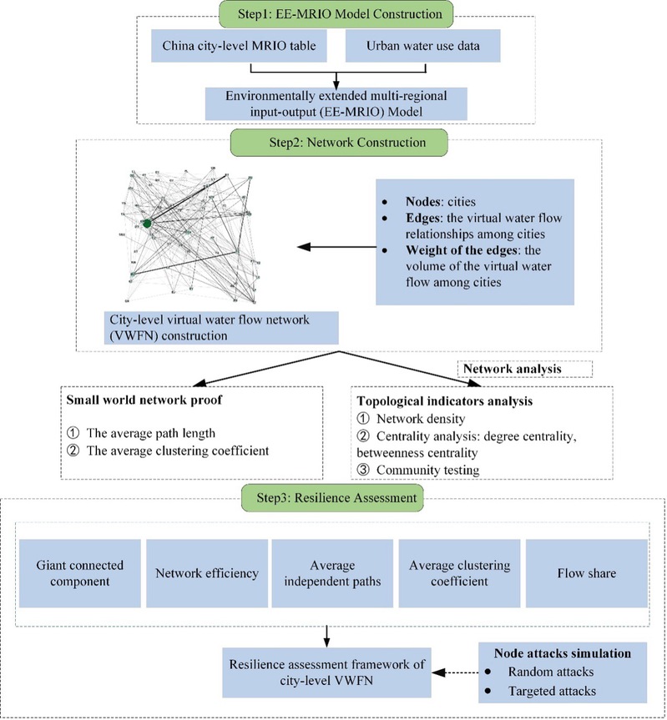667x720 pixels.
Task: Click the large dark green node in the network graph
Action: [146, 223]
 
